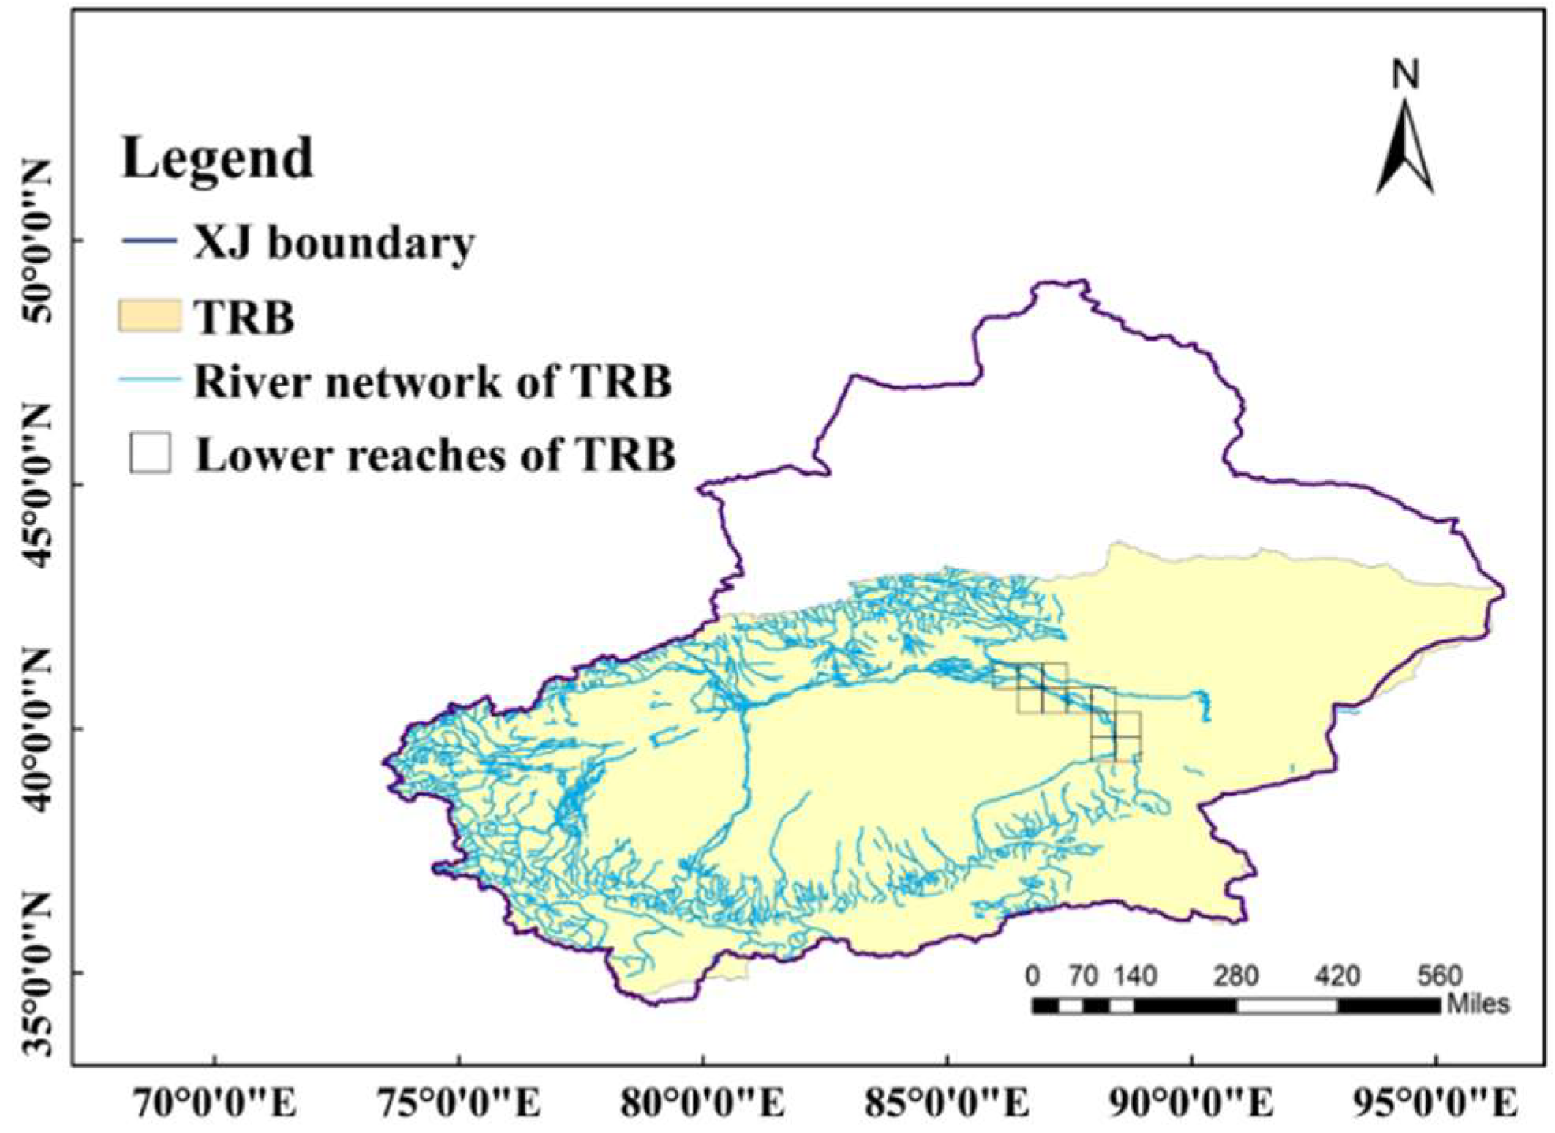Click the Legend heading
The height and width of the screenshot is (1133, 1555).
click(x=217, y=158)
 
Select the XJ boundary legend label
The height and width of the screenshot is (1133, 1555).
click(x=334, y=242)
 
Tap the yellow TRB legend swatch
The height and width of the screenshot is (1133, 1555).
click(x=149, y=315)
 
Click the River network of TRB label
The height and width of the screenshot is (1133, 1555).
click(x=432, y=382)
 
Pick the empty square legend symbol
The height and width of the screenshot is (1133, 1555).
click(x=150, y=453)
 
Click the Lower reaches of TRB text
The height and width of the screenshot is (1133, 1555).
click(x=435, y=455)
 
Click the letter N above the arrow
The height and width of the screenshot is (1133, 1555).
click(x=1405, y=75)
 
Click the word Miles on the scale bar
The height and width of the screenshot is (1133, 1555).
click(x=1478, y=1004)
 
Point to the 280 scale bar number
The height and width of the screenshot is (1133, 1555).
click(x=1235, y=976)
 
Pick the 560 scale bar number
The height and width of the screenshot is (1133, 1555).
click(x=1439, y=976)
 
